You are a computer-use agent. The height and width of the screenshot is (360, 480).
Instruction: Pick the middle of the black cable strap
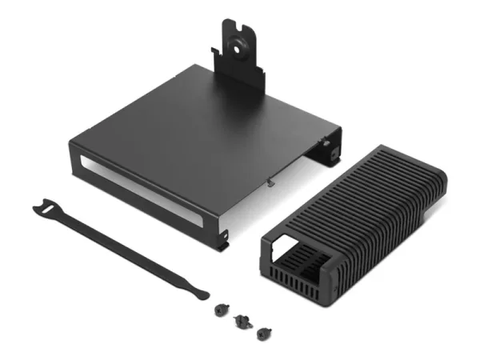(120, 244)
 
